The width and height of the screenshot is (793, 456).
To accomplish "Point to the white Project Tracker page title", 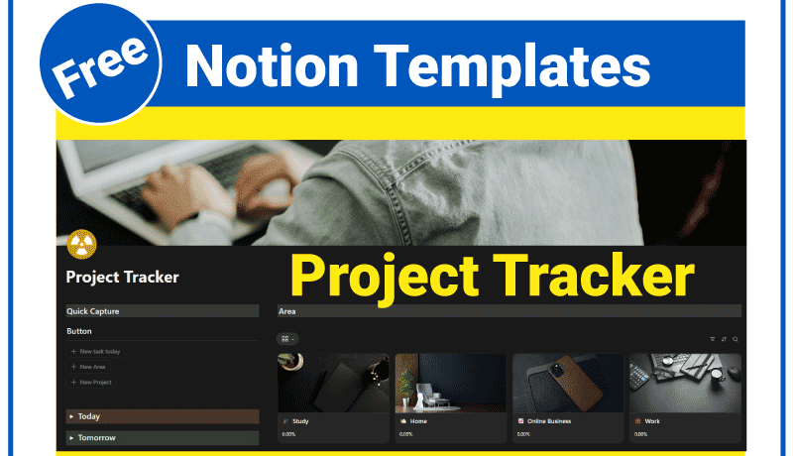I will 122,278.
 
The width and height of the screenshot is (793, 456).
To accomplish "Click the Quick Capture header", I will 93,311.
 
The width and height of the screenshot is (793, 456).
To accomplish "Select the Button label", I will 79,331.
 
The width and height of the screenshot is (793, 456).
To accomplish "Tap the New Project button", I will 95,382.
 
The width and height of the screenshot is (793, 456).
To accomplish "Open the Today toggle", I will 89,416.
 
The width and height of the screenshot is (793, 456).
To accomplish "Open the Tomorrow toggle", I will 96,437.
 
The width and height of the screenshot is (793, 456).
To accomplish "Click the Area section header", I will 287,311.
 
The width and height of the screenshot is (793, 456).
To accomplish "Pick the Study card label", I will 299,421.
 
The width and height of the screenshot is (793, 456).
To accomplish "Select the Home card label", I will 417,421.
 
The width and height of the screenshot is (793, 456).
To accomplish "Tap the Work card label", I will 651,421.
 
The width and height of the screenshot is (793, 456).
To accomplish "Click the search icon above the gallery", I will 735,339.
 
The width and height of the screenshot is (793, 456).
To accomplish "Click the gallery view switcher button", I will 287,339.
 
